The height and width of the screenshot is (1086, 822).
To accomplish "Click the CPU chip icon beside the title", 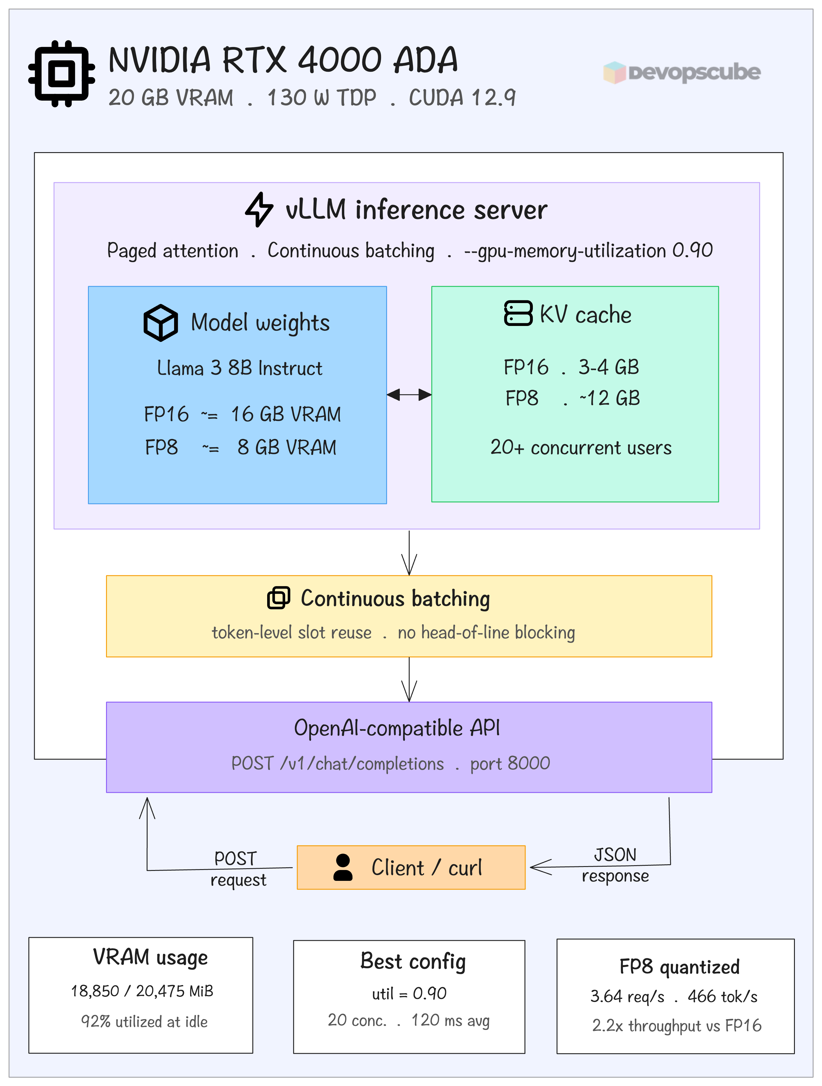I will coord(61,74).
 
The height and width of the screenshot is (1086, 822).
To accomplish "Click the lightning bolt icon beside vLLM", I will coord(259,210).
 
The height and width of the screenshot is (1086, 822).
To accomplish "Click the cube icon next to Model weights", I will coord(161,323).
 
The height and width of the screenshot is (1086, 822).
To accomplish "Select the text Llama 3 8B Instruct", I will coord(240,368).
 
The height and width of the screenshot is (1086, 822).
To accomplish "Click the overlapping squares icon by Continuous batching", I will coord(278,598).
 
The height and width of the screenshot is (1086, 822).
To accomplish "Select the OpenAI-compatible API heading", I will coord(397,728).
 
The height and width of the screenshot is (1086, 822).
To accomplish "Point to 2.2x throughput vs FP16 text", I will coord(676,1026).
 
